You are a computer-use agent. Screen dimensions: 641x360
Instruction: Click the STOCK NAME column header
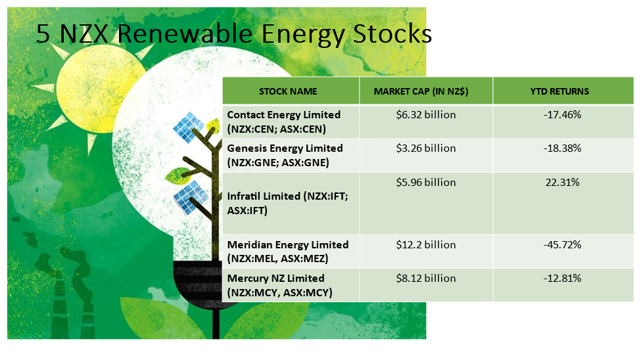click(x=288, y=91)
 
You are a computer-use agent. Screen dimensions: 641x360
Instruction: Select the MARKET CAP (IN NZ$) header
click(x=421, y=91)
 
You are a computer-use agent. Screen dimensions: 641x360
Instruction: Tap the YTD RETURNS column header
click(x=559, y=91)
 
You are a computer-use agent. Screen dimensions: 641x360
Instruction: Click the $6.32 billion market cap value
click(x=425, y=115)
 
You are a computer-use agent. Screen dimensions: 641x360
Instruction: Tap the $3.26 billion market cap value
click(x=425, y=148)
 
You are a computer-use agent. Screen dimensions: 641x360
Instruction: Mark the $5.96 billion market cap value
click(x=425, y=182)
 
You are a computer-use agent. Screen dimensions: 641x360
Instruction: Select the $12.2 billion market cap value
click(x=425, y=245)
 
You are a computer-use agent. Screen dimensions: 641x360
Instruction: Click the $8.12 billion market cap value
click(x=425, y=279)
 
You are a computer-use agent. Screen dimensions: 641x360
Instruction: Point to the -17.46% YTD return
click(x=562, y=115)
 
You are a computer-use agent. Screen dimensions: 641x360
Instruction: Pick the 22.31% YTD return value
click(x=562, y=182)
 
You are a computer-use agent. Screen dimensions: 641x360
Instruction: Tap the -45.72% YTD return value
click(x=562, y=245)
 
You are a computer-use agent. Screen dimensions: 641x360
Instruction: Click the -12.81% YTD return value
click(x=562, y=279)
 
